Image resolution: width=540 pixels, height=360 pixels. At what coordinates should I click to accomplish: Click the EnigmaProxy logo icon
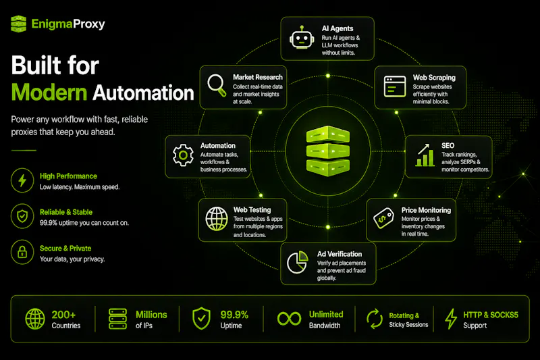pyautogui.click(x=19, y=24)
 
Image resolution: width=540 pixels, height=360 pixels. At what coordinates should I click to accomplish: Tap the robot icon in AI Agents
pyautogui.click(x=302, y=38)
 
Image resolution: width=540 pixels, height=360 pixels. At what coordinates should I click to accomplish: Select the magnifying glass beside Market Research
pyautogui.click(x=217, y=85)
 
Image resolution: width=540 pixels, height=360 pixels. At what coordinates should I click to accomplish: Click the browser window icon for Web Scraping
pyautogui.click(x=395, y=86)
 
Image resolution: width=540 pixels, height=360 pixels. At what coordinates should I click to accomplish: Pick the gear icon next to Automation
pyautogui.click(x=183, y=155)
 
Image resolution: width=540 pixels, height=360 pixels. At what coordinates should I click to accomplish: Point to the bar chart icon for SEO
pyautogui.click(x=425, y=155)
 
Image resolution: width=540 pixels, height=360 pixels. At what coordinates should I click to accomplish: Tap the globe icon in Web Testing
pyautogui.click(x=217, y=219)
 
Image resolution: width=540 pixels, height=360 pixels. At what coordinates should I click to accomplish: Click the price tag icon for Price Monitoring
pyautogui.click(x=383, y=218)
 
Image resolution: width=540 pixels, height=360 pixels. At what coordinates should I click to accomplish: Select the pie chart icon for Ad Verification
pyautogui.click(x=298, y=262)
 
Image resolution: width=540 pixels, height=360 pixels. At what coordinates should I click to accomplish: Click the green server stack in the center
pyautogui.click(x=328, y=151)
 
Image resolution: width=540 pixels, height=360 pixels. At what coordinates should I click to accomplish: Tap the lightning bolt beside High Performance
pyautogui.click(x=22, y=180)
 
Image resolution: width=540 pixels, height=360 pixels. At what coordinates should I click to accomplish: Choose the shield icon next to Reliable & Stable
pyautogui.click(x=22, y=216)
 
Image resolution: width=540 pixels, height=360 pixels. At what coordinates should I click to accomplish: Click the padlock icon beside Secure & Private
pyautogui.click(x=22, y=252)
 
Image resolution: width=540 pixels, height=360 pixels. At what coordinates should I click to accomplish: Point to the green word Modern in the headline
pyautogui.click(x=49, y=93)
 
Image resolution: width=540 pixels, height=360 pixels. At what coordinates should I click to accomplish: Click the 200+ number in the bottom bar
pyautogui.click(x=63, y=315)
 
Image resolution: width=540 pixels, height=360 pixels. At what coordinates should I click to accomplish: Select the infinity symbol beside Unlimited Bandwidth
pyautogui.click(x=290, y=319)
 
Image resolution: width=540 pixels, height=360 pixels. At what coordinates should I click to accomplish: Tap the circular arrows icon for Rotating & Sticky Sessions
pyautogui.click(x=375, y=319)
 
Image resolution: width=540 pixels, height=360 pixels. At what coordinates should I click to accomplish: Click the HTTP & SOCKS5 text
pyautogui.click(x=491, y=315)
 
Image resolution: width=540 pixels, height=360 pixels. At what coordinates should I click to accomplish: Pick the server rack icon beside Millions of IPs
pyautogui.click(x=117, y=319)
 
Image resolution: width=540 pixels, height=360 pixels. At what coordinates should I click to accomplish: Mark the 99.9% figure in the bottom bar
pyautogui.click(x=234, y=315)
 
